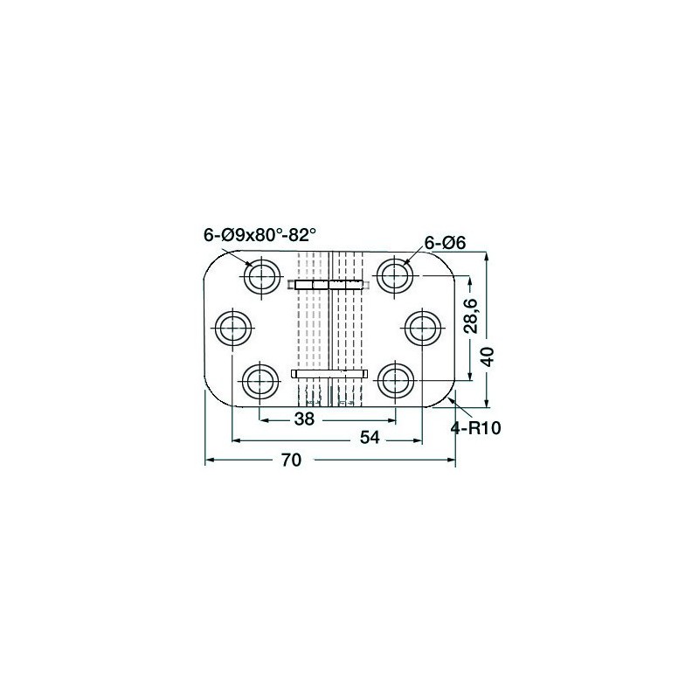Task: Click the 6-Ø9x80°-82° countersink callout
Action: (260, 234)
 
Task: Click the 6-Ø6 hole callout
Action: (445, 243)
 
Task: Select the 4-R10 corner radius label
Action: (475, 428)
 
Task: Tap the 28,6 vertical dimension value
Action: (471, 316)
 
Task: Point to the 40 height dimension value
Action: (488, 356)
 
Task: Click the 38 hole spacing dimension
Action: (304, 419)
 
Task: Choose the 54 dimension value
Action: (370, 438)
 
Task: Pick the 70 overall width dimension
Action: (292, 460)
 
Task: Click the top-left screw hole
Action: (262, 276)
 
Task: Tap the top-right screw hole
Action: (395, 274)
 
